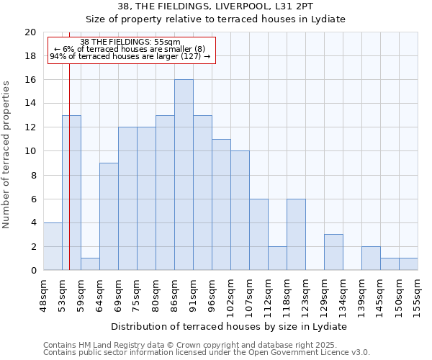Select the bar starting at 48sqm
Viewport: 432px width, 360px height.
pyautogui.click(x=53, y=246)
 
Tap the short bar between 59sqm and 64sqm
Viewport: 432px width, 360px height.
pyautogui.click(x=90, y=264)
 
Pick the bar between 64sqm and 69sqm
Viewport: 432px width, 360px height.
pyautogui.click(x=109, y=217)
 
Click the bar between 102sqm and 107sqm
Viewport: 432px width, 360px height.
pyautogui.click(x=240, y=211)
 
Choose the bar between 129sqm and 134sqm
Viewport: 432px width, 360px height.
pyautogui.click(x=333, y=252)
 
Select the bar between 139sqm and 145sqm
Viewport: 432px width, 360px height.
pyautogui.click(x=371, y=258)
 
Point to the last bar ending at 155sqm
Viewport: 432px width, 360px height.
pyautogui.click(x=408, y=264)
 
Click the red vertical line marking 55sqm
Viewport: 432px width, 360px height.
pyautogui.click(x=69, y=180)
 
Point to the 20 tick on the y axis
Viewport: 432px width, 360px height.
pyautogui.click(x=30, y=32)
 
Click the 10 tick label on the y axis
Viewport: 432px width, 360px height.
pyautogui.click(x=30, y=151)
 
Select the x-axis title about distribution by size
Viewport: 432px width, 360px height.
pyautogui.click(x=230, y=326)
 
